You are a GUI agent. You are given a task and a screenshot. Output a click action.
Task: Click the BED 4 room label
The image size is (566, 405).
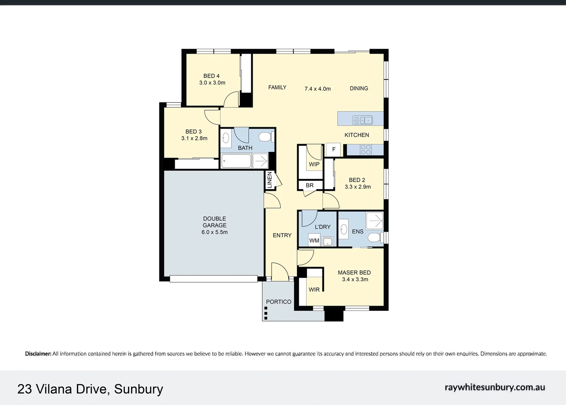(211, 76)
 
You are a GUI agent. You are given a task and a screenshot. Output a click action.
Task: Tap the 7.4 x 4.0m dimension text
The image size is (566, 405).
(317, 89)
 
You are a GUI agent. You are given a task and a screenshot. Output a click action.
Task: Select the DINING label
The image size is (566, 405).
(359, 88)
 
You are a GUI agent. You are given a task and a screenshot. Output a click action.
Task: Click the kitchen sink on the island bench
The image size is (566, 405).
(362, 120)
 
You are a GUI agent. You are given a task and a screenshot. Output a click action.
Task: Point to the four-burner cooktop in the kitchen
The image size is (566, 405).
(366, 150)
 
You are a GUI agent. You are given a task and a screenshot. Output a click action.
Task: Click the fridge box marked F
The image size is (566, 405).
(334, 150)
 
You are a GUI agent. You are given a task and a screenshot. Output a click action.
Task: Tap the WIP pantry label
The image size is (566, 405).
(314, 164)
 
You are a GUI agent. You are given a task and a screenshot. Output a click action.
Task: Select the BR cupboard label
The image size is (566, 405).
(309, 185)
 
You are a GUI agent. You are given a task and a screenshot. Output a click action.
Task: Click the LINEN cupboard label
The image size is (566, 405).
(269, 180)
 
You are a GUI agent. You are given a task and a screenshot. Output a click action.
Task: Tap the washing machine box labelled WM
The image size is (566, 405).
(314, 241)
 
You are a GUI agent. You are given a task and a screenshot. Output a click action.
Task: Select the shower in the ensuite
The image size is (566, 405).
(374, 220)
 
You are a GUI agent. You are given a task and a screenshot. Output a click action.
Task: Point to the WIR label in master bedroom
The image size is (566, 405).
(314, 289)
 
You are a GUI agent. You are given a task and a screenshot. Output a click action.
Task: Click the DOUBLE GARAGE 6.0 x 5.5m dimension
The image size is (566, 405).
(214, 232)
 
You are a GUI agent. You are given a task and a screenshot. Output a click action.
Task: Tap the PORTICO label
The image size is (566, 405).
(278, 302)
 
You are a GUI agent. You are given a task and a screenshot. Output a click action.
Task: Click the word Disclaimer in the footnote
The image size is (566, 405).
(38, 354)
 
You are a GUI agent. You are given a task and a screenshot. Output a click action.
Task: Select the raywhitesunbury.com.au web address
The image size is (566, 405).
(495, 388)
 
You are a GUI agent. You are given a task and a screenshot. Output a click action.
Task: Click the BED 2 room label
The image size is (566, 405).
(357, 180)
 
